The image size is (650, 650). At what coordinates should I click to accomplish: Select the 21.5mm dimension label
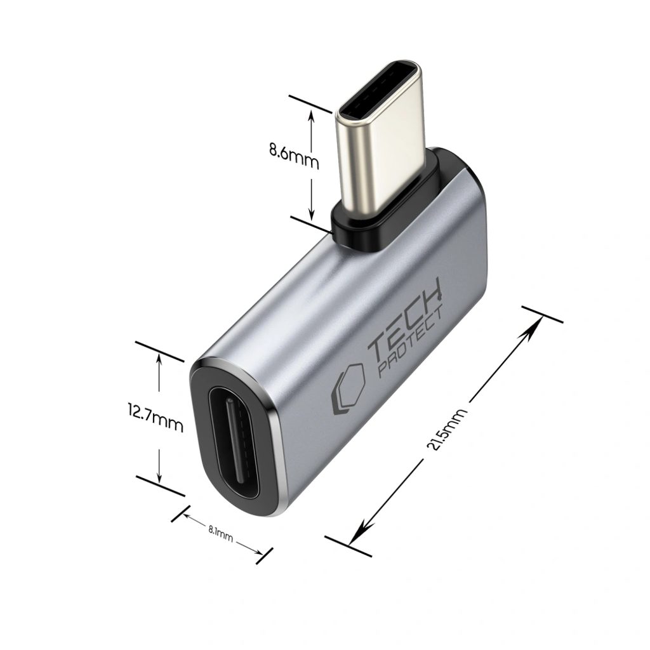click(446, 430)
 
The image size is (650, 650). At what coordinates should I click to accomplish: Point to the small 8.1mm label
click(220, 533)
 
